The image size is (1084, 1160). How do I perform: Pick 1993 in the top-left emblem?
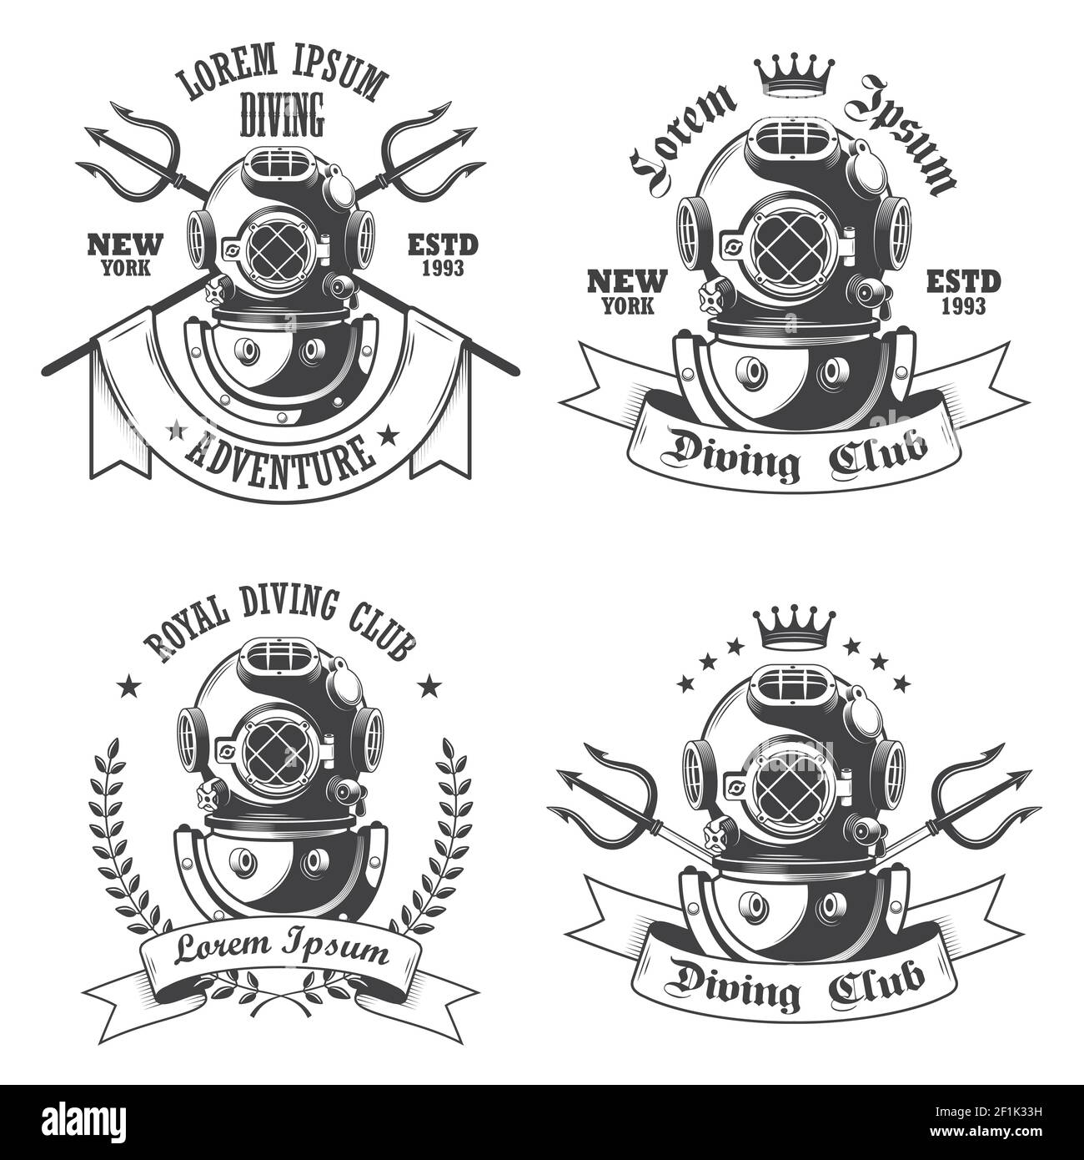point(443,267)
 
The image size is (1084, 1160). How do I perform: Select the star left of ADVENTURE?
point(176,432)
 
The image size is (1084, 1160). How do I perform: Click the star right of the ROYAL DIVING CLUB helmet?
point(431,686)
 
